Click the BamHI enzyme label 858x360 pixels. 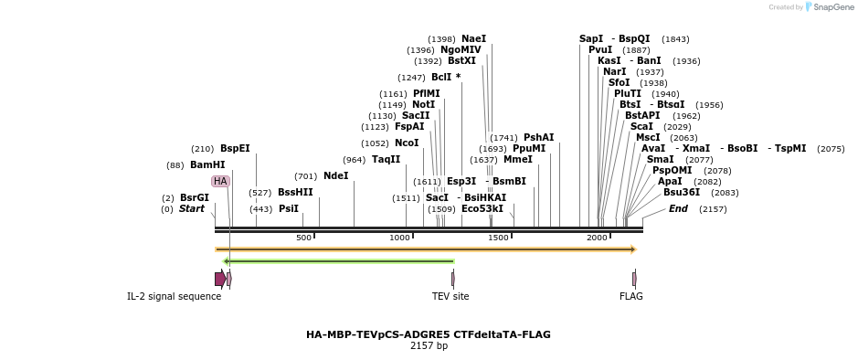[207, 165]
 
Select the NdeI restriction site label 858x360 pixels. [335, 175]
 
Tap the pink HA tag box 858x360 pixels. [220, 181]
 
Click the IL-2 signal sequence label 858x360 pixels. [174, 296]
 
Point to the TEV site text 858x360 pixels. [450, 296]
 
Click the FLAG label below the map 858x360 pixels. [631, 296]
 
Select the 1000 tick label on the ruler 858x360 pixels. [400, 238]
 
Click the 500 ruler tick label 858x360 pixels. [303, 238]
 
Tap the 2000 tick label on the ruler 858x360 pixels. [597, 238]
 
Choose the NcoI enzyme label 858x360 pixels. [407, 143]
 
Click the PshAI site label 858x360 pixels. [538, 137]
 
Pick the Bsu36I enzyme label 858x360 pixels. [682, 192]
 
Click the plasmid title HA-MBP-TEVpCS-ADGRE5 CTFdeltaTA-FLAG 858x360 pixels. [429, 334]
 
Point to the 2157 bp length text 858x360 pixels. [429, 346]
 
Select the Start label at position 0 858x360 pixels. [192, 208]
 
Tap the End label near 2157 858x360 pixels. [678, 208]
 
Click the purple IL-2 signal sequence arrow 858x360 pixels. [220, 279]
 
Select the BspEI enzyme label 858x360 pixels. [235, 148]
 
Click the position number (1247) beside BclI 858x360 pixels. [411, 78]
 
